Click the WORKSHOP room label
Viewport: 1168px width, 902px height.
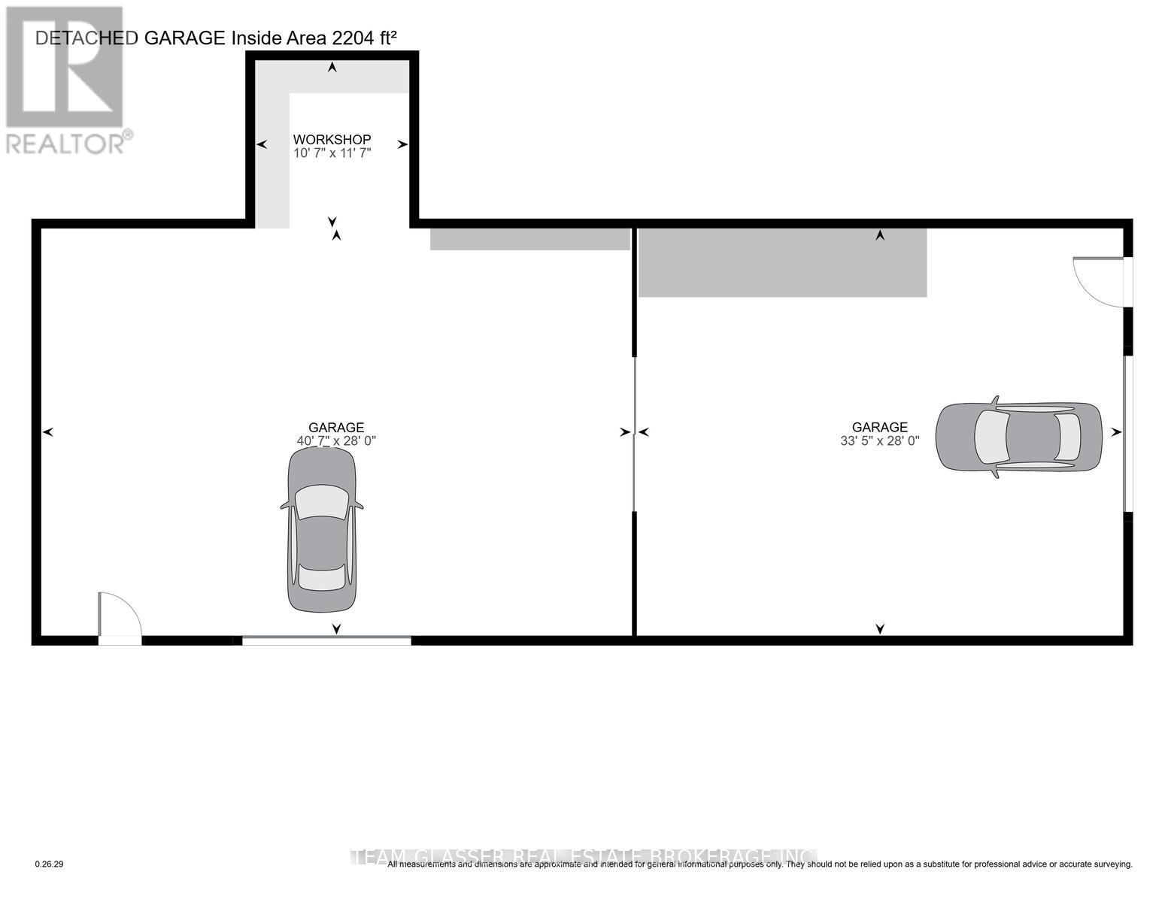(x=332, y=139)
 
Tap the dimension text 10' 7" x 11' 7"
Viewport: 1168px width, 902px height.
(x=332, y=153)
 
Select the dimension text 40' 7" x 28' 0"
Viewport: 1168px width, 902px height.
(x=335, y=441)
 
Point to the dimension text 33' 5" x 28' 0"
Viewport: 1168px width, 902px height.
(x=879, y=441)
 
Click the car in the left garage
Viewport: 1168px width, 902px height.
(x=322, y=530)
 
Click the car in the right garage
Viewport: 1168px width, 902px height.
(x=1018, y=437)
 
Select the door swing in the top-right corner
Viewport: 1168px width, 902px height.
(x=1100, y=281)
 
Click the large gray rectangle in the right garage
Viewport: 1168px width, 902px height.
(x=782, y=263)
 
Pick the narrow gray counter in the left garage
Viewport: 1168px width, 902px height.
(x=529, y=239)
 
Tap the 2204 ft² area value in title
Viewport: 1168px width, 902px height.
(x=366, y=38)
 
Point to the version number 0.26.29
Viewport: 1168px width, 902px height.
(x=50, y=864)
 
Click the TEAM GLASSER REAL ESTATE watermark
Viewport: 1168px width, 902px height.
(x=587, y=857)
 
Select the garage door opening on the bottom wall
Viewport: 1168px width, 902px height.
(x=326, y=640)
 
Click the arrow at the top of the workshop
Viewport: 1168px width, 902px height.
(x=332, y=68)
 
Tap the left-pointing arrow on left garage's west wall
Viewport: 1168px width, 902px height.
(x=48, y=432)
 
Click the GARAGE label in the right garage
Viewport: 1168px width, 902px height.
(x=879, y=427)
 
